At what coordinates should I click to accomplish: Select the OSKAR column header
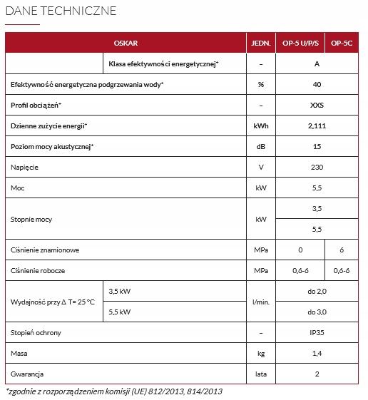tap(126, 43)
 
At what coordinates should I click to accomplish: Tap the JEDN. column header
tap(262, 43)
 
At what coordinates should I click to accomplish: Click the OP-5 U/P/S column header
tap(302, 43)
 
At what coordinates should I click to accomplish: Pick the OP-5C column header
tap(344, 43)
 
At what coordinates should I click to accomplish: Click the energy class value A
tap(317, 64)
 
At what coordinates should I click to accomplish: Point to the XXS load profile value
tap(317, 106)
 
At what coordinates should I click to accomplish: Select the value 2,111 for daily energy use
tap(317, 126)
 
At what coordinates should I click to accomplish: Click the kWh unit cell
tap(262, 126)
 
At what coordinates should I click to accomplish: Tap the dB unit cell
tap(262, 146)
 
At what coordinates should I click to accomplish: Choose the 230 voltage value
tap(317, 167)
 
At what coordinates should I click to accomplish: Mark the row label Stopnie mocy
tap(30, 219)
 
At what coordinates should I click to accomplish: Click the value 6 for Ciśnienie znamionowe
tap(344, 250)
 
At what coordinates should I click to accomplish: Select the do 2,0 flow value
tap(317, 292)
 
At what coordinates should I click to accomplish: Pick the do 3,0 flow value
tap(317, 312)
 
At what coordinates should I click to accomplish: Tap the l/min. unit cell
tap(262, 302)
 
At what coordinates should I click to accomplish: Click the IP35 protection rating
tap(317, 333)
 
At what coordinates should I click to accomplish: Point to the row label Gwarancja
tap(28, 374)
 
